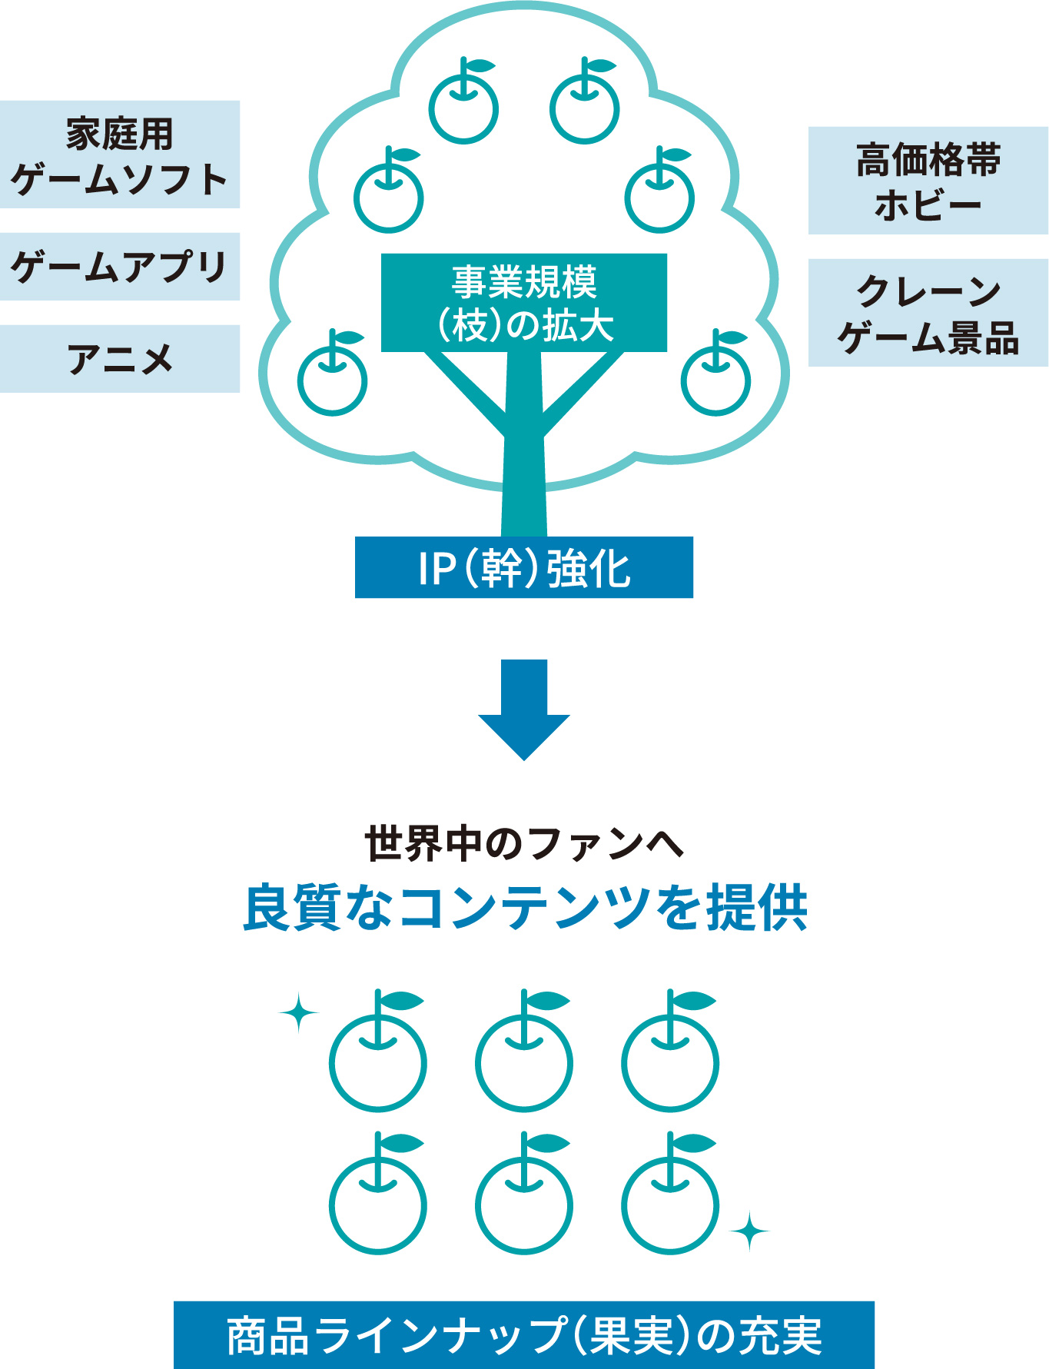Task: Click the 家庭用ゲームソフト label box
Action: tap(120, 155)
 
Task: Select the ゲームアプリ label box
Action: tap(120, 267)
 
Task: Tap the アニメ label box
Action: tap(120, 359)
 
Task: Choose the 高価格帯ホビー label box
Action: tap(928, 181)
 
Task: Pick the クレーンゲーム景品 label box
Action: tap(928, 313)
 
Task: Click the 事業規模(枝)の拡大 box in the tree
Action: tap(524, 303)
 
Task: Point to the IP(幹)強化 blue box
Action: tap(524, 567)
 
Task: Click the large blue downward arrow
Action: tap(524, 707)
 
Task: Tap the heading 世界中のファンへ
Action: tap(524, 843)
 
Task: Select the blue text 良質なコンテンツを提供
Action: tap(524, 908)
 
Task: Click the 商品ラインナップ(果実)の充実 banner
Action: tap(524, 1335)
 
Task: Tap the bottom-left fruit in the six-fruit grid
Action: tap(378, 1203)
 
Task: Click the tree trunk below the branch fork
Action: tap(524, 484)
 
